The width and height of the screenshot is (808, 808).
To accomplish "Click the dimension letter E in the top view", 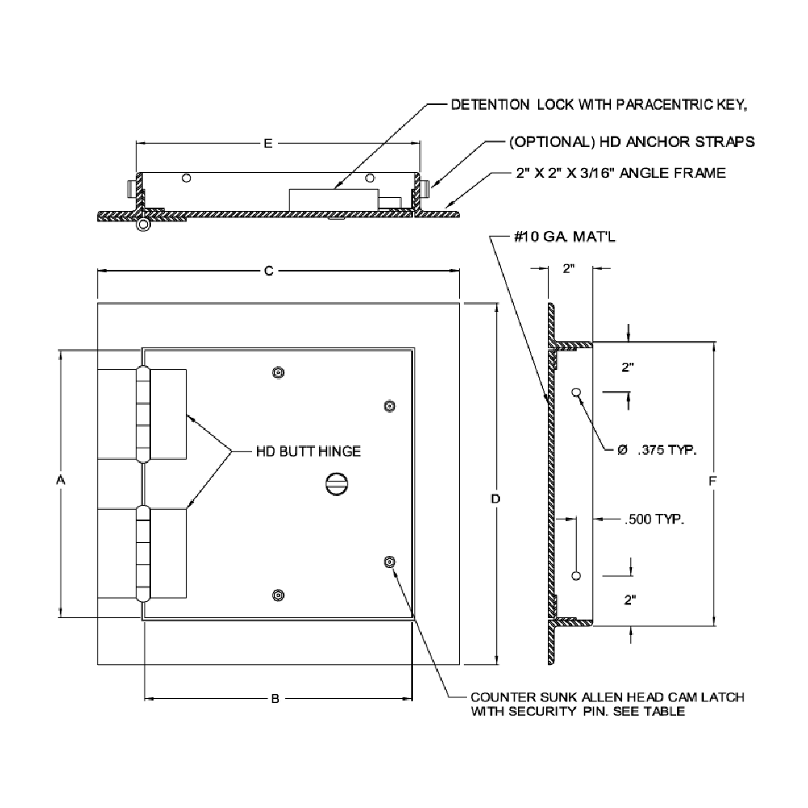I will point(268,143).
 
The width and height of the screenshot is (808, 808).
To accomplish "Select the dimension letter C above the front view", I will point(268,272).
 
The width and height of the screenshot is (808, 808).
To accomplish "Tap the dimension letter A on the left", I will point(60,481).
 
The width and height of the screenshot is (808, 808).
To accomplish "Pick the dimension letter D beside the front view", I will point(495,499).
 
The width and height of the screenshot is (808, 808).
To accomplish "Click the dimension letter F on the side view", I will point(712,482).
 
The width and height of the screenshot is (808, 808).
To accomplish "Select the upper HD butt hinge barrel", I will point(143,415).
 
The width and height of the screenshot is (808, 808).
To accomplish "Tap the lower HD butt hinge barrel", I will point(143,553).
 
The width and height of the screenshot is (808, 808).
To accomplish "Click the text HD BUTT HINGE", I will point(308,451).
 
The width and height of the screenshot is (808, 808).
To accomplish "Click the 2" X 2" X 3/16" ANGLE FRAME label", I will point(620,172).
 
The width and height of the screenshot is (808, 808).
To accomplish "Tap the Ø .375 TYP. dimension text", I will point(657,450).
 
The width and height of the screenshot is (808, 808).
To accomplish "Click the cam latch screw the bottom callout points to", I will point(390,562).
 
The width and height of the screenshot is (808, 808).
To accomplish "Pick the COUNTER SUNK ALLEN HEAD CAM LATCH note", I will point(607,704).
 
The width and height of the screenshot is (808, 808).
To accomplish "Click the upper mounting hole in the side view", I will point(575,393).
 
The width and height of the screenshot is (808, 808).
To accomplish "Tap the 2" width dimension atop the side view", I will point(568,270).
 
